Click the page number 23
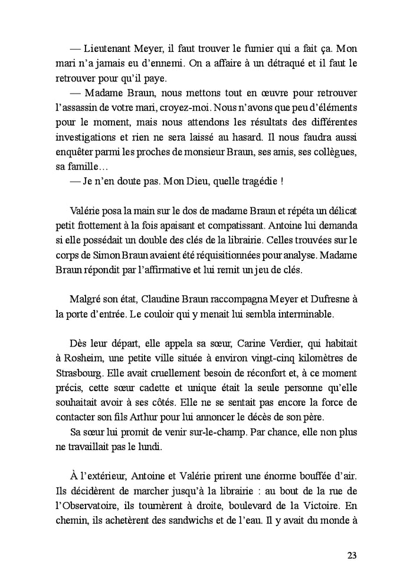[x=352, y=556]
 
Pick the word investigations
[x=85, y=140]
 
